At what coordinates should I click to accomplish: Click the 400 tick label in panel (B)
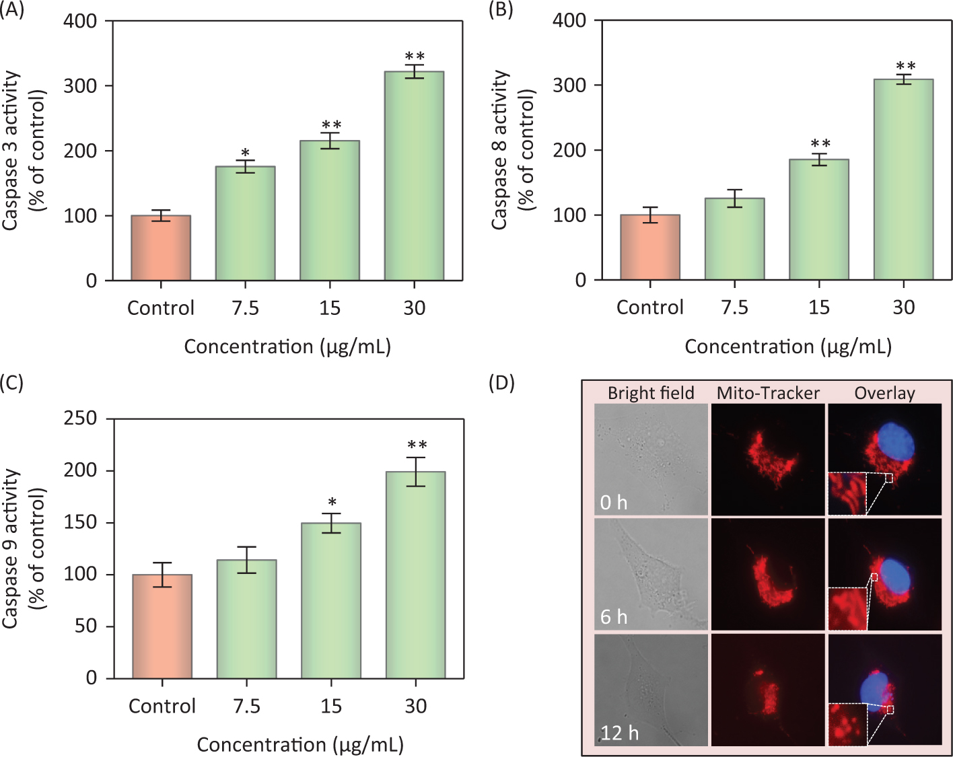tap(569, 21)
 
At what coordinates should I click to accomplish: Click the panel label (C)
tap(11, 383)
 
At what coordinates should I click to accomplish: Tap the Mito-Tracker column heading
tap(768, 393)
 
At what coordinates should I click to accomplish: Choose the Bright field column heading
tap(651, 393)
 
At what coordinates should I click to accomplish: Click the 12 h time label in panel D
tap(619, 732)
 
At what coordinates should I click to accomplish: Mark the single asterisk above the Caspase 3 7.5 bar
tap(246, 153)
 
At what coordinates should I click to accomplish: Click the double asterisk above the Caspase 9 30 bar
tap(417, 445)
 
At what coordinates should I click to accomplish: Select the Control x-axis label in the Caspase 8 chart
tap(649, 308)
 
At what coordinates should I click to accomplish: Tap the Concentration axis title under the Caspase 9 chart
tap(300, 745)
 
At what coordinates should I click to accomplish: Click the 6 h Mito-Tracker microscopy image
tap(768, 574)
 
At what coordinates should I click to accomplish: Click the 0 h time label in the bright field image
tap(614, 503)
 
